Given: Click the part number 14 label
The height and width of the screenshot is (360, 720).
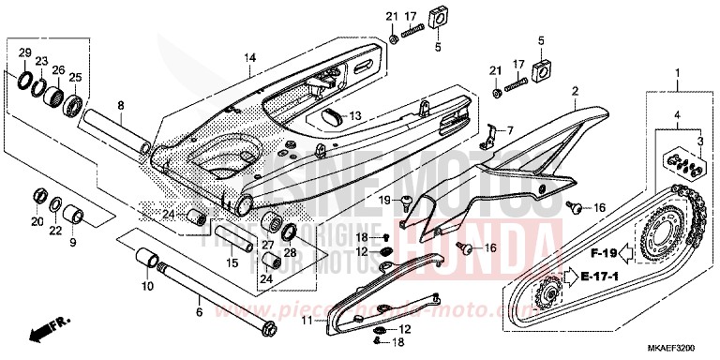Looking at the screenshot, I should [248, 57].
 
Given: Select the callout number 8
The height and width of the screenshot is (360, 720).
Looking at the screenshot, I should [120, 105].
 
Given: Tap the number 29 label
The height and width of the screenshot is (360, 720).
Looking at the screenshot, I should [25, 52].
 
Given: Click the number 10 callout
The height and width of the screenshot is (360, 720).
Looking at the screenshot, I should [145, 285].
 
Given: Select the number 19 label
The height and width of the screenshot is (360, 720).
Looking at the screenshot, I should [384, 200].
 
